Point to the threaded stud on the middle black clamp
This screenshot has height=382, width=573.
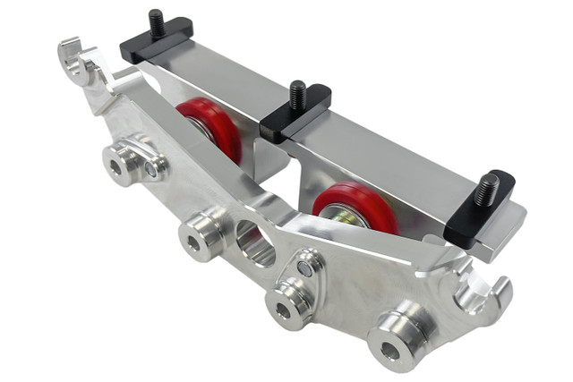click(x=295, y=92)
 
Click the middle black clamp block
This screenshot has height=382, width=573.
click(x=295, y=112)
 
